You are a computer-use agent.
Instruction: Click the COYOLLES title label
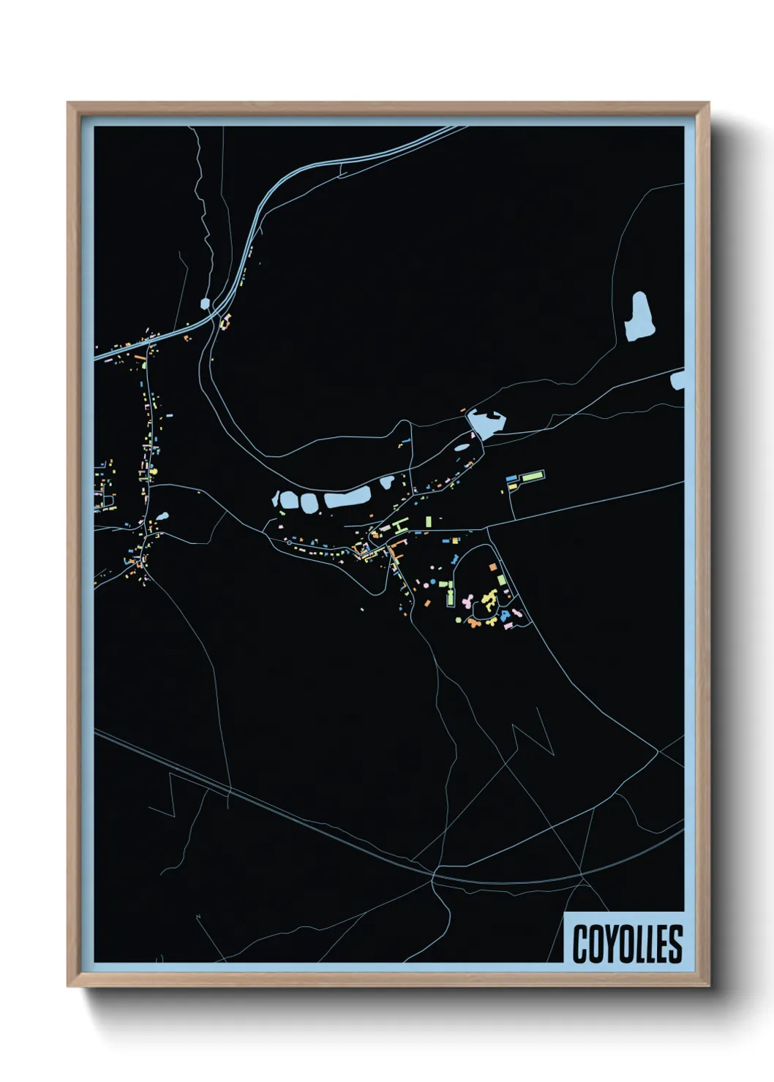pos(627,943)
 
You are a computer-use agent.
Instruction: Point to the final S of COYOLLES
pos(675,944)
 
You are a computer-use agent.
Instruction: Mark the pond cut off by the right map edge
pos(678,379)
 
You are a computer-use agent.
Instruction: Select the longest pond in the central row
pos(347,499)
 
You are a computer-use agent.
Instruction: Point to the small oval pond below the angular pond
pos(462,447)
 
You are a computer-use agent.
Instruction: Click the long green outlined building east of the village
pos(533,477)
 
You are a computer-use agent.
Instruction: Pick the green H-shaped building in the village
pos(399,525)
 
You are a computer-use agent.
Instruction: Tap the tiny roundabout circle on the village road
pos(291,543)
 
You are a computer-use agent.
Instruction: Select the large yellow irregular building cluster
pos(488,602)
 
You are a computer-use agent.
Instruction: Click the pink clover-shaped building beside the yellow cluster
pos(467,601)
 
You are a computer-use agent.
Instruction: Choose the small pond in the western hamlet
pos(162,515)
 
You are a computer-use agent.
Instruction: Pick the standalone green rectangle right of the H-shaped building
pos(429,521)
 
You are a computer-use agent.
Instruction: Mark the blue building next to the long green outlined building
pos(511,478)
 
